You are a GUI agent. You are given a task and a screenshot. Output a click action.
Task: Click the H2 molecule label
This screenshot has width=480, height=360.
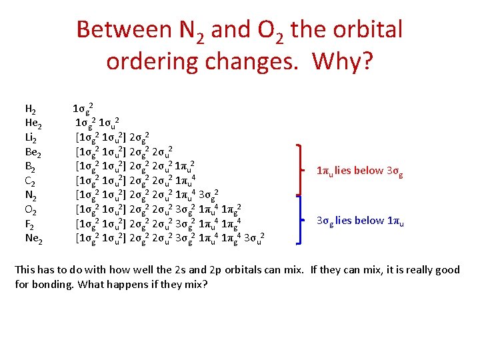click(x=30, y=109)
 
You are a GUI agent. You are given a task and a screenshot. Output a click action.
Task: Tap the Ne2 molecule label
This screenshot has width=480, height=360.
click(x=33, y=237)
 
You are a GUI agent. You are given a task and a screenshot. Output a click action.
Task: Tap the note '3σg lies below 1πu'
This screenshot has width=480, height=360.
click(x=360, y=221)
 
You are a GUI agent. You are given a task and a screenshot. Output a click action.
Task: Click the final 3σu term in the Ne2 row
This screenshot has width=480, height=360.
click(x=255, y=237)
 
